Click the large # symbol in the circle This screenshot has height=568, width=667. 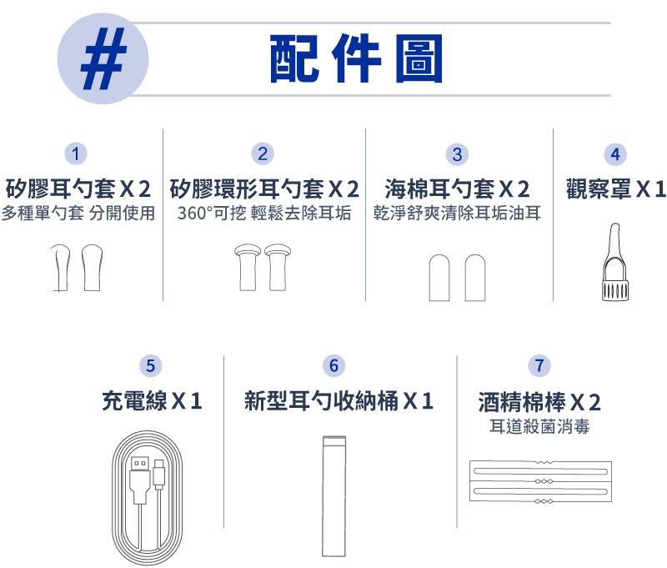[104, 58]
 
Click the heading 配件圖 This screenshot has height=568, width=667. [357, 58]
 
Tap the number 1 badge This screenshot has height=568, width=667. [76, 153]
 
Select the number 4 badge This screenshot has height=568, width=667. [615, 154]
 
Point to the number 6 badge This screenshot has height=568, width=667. [334, 365]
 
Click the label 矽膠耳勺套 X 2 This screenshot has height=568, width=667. [78, 188]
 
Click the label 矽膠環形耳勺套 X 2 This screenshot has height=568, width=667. [264, 188]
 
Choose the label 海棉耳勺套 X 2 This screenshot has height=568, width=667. [457, 188]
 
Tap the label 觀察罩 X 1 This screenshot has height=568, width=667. [615, 188]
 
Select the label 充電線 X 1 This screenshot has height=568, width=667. [152, 401]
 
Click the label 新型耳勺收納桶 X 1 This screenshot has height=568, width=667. [339, 401]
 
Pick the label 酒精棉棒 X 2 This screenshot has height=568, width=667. [539, 402]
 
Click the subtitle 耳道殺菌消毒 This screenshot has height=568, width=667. [539, 426]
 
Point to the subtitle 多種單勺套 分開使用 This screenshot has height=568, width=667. [78, 213]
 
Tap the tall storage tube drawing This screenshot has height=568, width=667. [334, 496]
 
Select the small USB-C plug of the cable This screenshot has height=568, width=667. [159, 475]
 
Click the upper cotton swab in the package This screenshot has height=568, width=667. [540, 471]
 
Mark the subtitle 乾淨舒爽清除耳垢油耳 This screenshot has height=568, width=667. [457, 213]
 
